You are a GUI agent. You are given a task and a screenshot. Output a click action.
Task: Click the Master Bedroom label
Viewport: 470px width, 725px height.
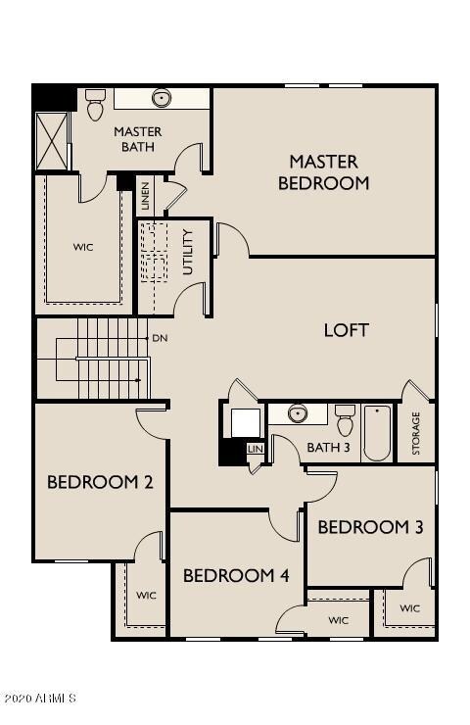(x=323, y=171)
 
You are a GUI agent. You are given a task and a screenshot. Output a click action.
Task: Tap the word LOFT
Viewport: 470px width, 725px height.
(x=347, y=330)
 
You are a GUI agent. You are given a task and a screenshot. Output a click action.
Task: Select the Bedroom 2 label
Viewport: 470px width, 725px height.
(x=100, y=482)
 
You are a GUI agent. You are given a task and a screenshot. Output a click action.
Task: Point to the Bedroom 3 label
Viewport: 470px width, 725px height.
(x=370, y=527)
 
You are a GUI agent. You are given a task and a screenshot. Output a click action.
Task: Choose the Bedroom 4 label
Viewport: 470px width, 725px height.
(x=236, y=575)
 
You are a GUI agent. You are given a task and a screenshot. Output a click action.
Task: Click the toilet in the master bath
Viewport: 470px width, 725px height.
(x=95, y=103)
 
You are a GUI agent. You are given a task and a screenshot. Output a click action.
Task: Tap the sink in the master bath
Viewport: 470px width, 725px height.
(x=163, y=98)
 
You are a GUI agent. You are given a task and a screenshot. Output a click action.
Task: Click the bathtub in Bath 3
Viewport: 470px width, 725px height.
(x=378, y=432)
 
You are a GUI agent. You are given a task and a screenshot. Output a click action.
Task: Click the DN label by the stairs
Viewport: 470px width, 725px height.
(x=160, y=338)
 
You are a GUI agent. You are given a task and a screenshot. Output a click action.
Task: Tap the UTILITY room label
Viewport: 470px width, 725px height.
(x=188, y=251)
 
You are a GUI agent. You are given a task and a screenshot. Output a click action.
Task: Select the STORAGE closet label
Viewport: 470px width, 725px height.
(x=416, y=432)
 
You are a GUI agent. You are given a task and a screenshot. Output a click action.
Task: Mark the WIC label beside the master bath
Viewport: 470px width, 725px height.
(x=83, y=247)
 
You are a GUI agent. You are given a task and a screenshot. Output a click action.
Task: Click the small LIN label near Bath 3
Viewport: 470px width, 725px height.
(x=256, y=448)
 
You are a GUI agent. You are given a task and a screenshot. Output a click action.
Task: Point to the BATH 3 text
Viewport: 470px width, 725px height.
(x=328, y=448)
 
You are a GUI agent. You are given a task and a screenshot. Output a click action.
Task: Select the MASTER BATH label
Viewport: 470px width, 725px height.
(x=138, y=139)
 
